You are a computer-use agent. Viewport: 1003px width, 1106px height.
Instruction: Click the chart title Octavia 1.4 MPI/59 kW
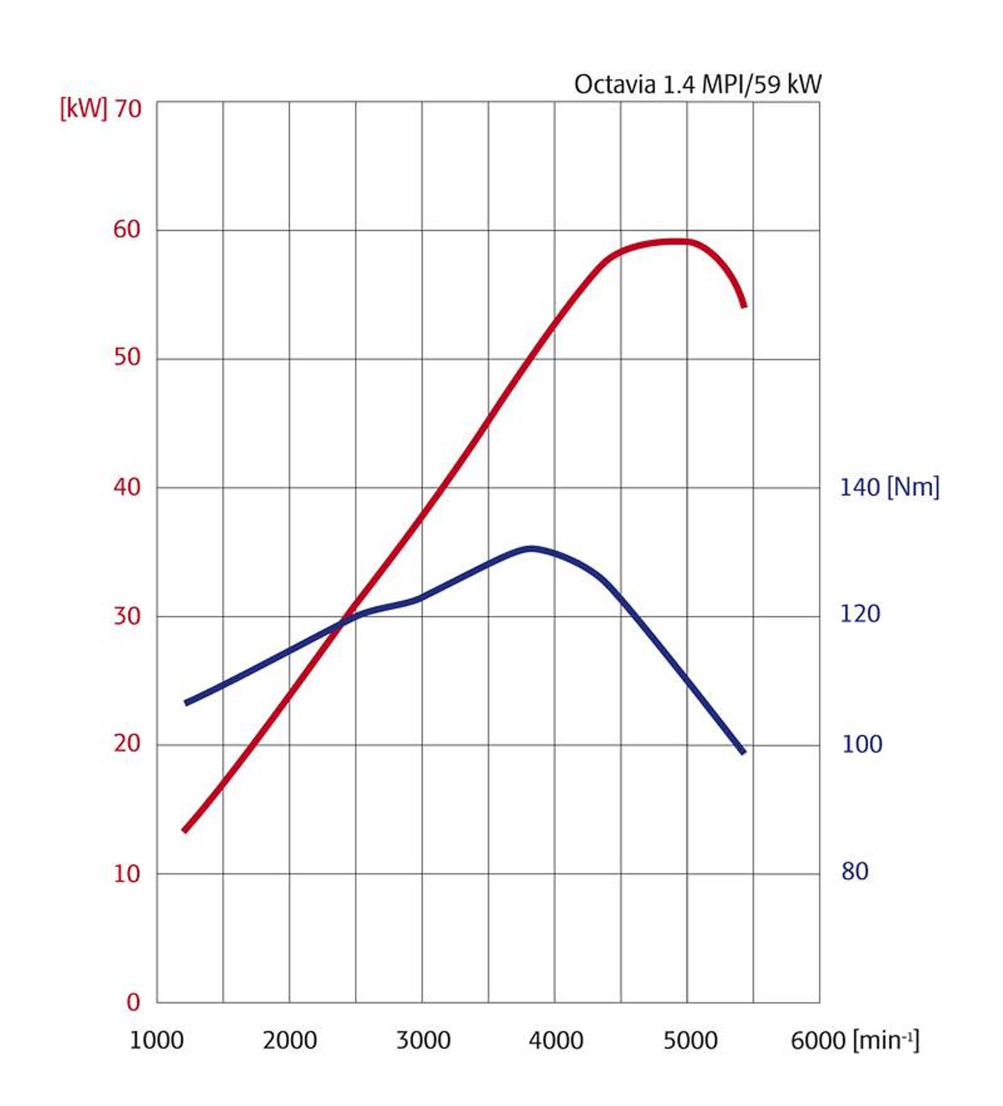(x=698, y=84)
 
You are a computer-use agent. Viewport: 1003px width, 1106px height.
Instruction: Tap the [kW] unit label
(x=83, y=109)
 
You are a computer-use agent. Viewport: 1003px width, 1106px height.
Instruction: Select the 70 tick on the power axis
(x=128, y=109)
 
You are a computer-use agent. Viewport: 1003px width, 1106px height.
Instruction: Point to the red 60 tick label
(x=127, y=229)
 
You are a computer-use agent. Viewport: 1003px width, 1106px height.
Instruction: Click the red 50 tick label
(x=127, y=357)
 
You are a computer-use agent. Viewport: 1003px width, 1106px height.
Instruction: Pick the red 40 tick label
(x=127, y=487)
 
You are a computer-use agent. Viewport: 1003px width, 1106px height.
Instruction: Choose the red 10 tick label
(x=127, y=874)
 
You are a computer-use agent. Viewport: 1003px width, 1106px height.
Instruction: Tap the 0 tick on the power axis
(x=133, y=1002)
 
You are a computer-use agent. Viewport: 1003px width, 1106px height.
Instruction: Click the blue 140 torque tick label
(x=859, y=487)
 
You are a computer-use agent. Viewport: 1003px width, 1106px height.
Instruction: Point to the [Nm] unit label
(x=913, y=487)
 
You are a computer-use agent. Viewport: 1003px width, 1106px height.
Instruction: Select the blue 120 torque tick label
(x=860, y=614)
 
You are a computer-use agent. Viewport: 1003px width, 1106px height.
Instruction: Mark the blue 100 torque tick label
(x=861, y=744)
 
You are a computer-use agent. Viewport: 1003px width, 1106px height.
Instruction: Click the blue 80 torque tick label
(x=854, y=872)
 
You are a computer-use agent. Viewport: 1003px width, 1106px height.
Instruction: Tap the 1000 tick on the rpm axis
(x=157, y=1040)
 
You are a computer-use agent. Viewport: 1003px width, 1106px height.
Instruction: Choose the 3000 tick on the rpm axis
(x=423, y=1040)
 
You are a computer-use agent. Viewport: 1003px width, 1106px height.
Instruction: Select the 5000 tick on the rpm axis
(x=690, y=1040)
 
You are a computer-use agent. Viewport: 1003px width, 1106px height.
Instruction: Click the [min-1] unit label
(x=886, y=1040)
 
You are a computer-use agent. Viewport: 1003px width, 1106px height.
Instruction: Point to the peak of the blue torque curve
(x=530, y=549)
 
